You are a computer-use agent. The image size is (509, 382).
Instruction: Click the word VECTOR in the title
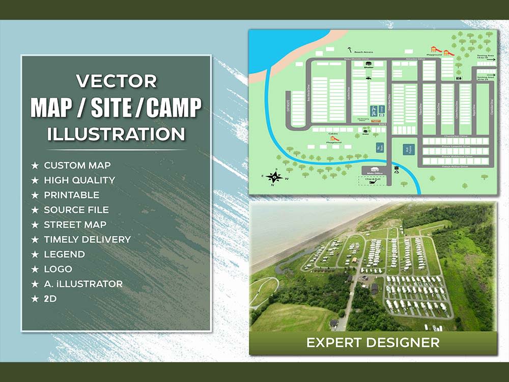click(116, 81)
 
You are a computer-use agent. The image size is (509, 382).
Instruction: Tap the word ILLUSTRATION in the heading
click(116, 134)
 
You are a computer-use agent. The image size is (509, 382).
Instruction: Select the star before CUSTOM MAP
click(35, 166)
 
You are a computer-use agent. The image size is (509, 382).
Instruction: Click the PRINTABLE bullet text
click(71, 195)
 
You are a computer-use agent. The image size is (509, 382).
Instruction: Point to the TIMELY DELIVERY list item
click(87, 239)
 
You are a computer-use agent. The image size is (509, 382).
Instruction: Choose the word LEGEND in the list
click(64, 254)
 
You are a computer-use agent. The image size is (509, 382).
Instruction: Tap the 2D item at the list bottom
click(50, 298)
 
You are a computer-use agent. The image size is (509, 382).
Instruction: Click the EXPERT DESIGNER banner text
click(373, 342)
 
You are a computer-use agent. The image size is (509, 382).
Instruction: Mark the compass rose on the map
click(275, 177)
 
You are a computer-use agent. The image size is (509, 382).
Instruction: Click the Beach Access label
click(363, 52)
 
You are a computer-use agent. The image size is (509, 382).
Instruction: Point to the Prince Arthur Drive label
click(455, 166)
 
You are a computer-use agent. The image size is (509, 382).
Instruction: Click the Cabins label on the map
click(333, 134)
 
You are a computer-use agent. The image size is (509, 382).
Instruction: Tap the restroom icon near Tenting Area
click(459, 78)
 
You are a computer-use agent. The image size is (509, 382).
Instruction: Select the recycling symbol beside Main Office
click(397, 171)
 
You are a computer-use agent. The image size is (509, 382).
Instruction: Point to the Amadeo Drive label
click(411, 59)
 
